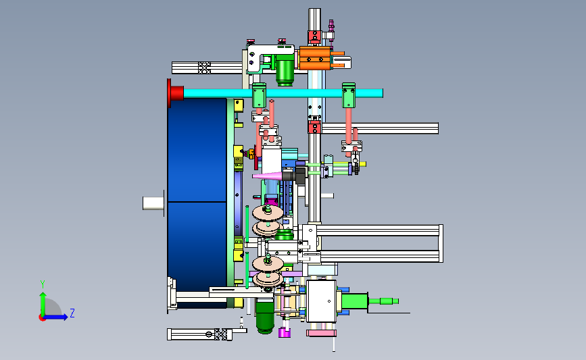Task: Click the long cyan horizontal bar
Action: coord(283,93)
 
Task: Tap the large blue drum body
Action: coord(197,202)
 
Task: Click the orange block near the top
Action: coord(315,58)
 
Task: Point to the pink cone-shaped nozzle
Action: coord(267,176)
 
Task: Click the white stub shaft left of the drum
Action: coord(153,203)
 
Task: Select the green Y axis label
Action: coord(43,284)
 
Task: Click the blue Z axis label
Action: coord(72,313)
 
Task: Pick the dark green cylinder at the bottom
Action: coord(265,317)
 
